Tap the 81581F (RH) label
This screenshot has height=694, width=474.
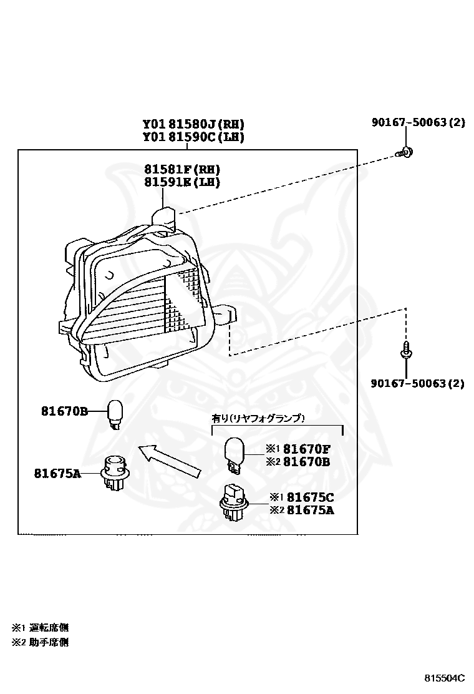tap(182, 170)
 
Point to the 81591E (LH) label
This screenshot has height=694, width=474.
tap(182, 182)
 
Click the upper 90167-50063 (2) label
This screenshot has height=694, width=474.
tap(417, 122)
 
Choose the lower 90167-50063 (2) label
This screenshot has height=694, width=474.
tap(417, 383)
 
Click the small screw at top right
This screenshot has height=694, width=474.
tap(405, 152)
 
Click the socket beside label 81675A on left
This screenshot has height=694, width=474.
tap(114, 474)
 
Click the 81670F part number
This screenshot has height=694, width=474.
tap(307, 449)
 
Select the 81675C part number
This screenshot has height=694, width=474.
tap(308, 497)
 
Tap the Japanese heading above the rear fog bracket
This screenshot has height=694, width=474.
tap(258, 418)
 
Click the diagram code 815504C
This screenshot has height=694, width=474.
tap(445, 678)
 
